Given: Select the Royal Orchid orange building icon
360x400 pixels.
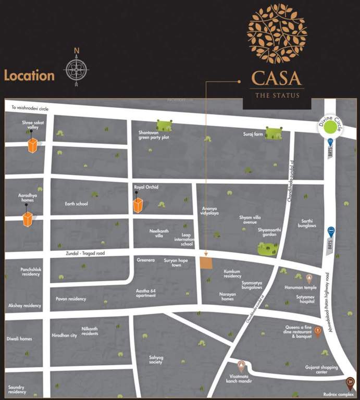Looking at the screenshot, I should click(138, 205).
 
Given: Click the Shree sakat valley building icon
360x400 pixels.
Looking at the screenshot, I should click(33, 146).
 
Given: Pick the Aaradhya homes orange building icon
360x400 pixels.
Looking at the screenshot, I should click(28, 219).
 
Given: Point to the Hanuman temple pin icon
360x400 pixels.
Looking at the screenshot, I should click(309, 278).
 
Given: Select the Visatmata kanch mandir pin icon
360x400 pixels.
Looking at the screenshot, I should click(241, 365).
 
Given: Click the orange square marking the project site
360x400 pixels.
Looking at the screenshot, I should click(207, 262).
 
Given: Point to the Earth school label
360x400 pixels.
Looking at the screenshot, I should click(76, 204).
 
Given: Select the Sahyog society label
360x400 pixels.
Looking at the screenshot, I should click(156, 360).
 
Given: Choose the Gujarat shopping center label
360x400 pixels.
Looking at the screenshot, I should click(321, 370).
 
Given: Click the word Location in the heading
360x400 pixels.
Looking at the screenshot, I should click(29, 76).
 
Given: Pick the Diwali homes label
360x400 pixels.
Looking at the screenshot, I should click(19, 339).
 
